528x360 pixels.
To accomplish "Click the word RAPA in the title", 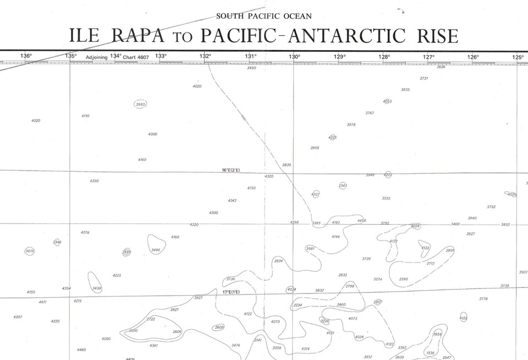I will [137, 36].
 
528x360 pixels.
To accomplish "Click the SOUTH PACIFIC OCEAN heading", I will [264, 16].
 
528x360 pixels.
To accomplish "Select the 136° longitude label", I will [26, 56].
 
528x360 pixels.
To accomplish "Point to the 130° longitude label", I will [295, 56].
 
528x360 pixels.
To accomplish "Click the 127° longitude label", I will [429, 56].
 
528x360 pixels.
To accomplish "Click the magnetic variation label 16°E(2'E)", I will [231, 170].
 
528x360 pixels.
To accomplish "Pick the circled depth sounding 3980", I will [141, 104].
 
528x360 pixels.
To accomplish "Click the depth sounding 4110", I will [85, 116].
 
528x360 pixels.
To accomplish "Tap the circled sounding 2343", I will [343, 186].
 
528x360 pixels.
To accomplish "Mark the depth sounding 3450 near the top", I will [251, 68].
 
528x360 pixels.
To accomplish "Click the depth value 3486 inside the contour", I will [156, 250].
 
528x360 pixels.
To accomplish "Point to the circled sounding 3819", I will [30, 251].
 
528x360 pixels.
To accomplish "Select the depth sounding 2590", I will [404, 279].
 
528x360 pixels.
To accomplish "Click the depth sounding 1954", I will [437, 334].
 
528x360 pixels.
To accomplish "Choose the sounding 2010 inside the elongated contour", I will [133, 331].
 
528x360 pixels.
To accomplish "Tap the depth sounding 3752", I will [491, 207].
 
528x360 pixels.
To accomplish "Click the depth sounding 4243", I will [232, 200].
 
